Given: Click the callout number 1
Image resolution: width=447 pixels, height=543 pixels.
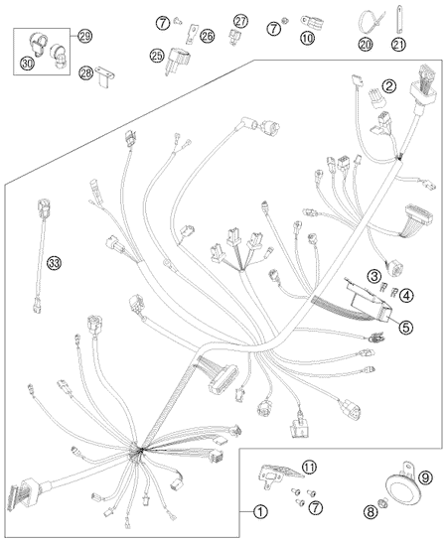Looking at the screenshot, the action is (x=260, y=511).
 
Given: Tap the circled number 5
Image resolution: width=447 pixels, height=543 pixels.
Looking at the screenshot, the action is (x=405, y=327).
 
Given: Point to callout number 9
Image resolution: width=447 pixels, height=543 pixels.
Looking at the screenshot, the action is (x=425, y=477).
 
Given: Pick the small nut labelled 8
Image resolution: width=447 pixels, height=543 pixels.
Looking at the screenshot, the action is (x=383, y=500).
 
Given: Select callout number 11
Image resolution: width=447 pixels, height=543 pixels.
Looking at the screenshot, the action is (x=309, y=468).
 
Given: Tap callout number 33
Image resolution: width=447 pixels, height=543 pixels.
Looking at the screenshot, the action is (x=54, y=263).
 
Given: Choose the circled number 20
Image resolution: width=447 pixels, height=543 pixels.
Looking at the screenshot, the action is (x=365, y=44).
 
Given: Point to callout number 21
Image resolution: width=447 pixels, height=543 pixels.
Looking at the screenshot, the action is (x=398, y=44).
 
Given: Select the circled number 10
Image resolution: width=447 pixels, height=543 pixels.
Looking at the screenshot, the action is (x=307, y=38).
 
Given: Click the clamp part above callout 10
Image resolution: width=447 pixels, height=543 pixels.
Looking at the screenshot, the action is (x=312, y=22).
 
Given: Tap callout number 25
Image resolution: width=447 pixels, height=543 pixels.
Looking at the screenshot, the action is (x=157, y=55).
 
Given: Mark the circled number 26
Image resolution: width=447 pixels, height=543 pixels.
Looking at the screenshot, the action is (x=208, y=36).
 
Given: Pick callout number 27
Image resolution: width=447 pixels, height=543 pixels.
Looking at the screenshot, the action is (x=240, y=21).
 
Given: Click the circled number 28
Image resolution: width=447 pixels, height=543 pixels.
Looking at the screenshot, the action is (x=86, y=72).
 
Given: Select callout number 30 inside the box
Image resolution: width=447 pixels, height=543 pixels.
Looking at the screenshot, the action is (x=28, y=63).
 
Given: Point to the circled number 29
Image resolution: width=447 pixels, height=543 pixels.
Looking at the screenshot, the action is (x=84, y=36).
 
